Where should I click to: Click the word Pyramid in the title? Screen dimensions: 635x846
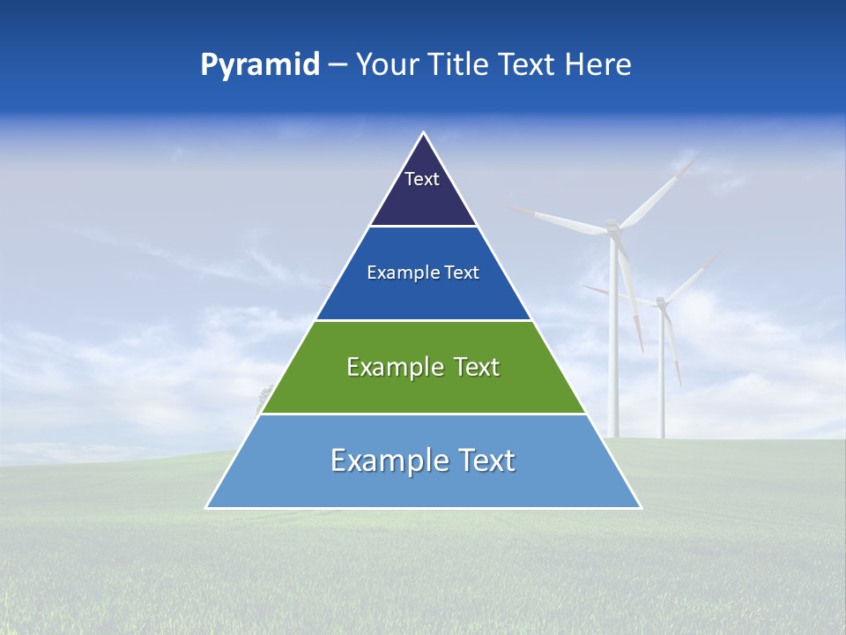260,64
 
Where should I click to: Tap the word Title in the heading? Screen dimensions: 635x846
462,64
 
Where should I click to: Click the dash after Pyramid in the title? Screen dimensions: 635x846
337,65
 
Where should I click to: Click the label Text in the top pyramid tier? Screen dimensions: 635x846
422,179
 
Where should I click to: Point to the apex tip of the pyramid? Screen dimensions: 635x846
424,133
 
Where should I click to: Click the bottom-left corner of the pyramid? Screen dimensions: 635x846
207,507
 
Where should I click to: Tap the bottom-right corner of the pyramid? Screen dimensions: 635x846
641,507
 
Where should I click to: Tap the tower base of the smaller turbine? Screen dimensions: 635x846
661,434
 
